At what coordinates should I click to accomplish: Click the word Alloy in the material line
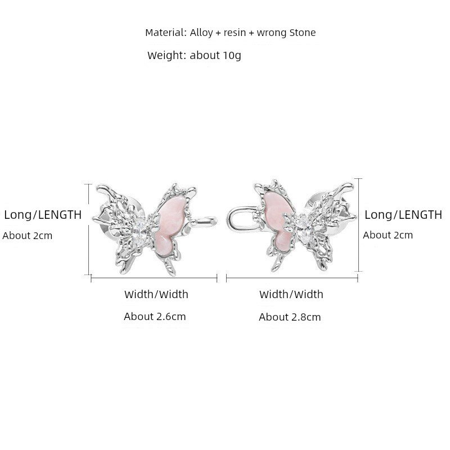(x=201, y=33)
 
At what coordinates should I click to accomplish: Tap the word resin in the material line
(x=235, y=33)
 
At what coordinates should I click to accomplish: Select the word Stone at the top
(x=303, y=33)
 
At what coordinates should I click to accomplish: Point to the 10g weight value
(x=232, y=55)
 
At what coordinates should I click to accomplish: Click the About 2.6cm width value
(x=155, y=317)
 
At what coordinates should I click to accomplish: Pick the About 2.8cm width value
(x=290, y=317)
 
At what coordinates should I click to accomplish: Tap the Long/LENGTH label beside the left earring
(x=43, y=215)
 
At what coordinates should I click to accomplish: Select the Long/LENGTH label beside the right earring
(x=403, y=215)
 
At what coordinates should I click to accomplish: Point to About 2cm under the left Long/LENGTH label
(x=28, y=236)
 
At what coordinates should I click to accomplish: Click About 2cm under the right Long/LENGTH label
(x=388, y=235)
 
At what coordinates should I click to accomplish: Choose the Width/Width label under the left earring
(x=156, y=294)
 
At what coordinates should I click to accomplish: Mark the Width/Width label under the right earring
(x=291, y=294)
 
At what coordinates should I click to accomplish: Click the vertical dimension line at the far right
(x=359, y=224)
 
